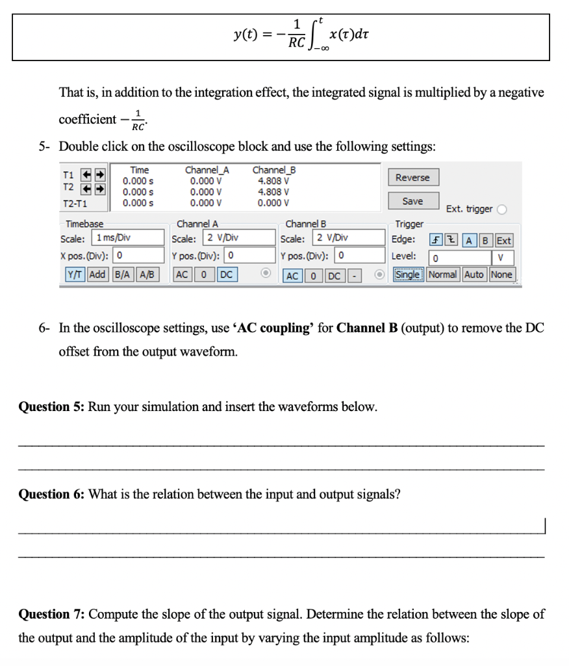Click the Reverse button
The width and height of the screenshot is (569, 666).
(412, 178)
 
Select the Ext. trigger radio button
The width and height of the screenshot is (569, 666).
(501, 209)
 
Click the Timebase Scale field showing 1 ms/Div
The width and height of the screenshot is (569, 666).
(120, 237)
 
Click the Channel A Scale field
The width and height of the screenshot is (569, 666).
(231, 237)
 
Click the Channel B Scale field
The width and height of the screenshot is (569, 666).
(340, 237)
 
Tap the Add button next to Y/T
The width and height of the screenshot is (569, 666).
(97, 274)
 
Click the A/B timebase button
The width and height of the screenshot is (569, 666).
(147, 274)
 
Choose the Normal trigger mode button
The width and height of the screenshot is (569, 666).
(443, 274)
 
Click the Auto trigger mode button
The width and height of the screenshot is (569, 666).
(474, 274)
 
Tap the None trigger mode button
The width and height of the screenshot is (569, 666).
(501, 274)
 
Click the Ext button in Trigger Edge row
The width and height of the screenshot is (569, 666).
(504, 240)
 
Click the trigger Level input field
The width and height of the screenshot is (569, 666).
(455, 258)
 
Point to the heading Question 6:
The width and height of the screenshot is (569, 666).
(52, 494)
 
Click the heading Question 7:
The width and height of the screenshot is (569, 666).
(52, 614)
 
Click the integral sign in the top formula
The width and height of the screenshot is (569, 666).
(315, 33)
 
